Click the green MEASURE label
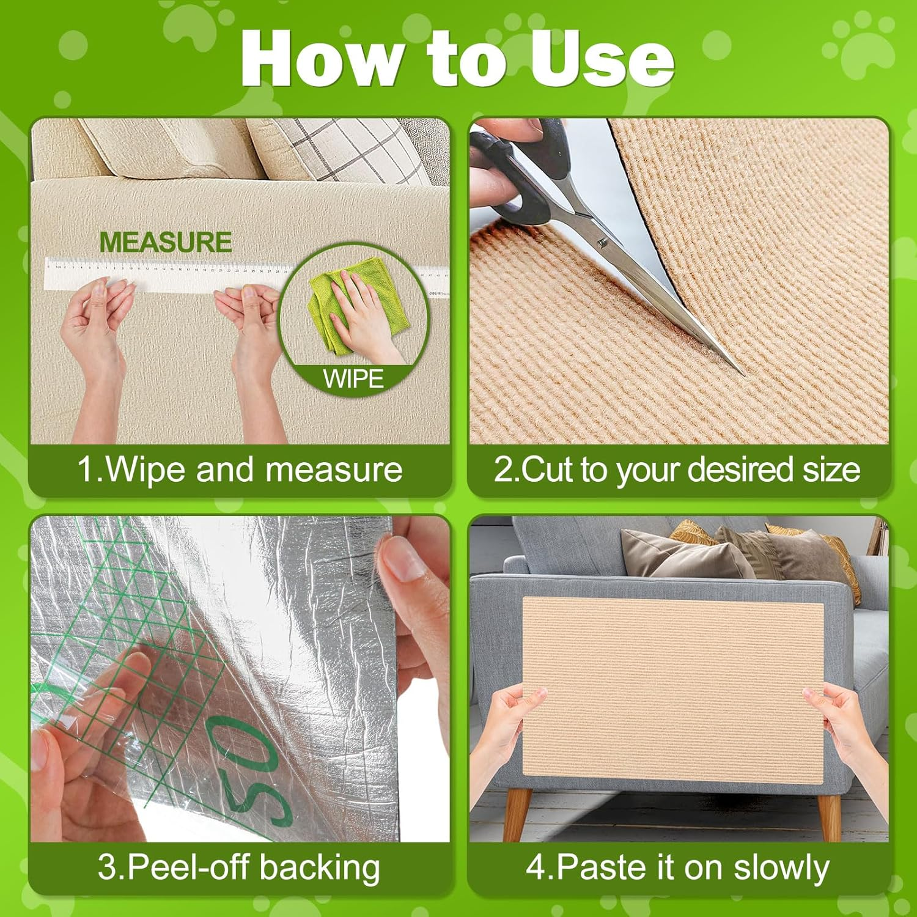(165, 242)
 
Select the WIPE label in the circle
(353, 379)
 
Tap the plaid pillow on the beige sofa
(342, 150)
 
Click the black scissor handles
(520, 177)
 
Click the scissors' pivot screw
(602, 243)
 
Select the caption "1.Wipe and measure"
(240, 470)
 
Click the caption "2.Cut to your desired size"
(677, 470)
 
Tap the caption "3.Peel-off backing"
(240, 867)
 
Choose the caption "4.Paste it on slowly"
(677, 867)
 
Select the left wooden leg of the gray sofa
(518, 813)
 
